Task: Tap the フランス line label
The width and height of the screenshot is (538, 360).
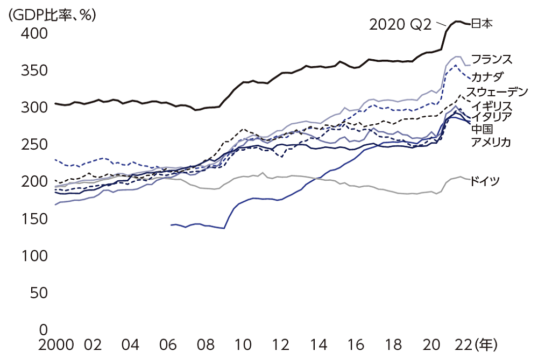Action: (x=491, y=59)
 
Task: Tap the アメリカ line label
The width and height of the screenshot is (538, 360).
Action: (x=490, y=142)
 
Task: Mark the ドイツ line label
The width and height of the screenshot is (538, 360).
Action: (x=485, y=181)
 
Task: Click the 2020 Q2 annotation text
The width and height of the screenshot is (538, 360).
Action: (x=400, y=24)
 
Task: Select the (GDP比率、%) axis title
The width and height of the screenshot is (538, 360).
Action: (x=52, y=15)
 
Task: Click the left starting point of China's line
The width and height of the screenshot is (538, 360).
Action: (x=171, y=225)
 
